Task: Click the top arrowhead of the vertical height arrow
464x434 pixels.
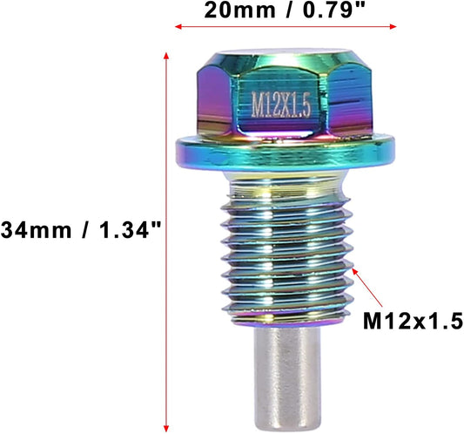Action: pos(166,54)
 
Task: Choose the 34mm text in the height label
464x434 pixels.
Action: pos(30,231)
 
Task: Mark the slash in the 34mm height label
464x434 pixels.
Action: pos(73,231)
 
